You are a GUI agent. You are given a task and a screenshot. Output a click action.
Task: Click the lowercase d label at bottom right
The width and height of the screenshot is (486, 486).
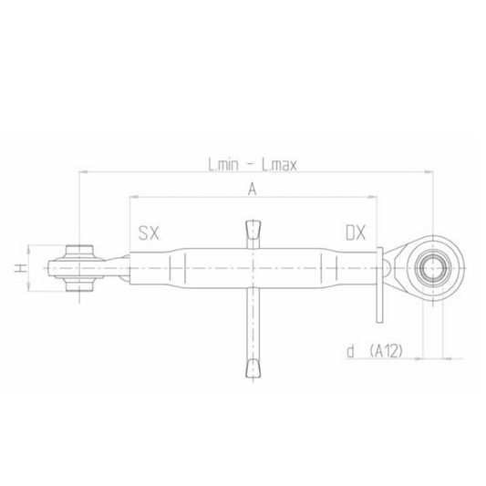click(x=350, y=351)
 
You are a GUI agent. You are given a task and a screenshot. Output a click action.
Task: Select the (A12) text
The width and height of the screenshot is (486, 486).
click(x=387, y=351)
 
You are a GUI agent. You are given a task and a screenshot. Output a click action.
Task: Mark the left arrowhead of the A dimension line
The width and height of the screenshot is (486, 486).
click(x=132, y=196)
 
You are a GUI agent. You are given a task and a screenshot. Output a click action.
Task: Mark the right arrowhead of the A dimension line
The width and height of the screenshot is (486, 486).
click(x=374, y=196)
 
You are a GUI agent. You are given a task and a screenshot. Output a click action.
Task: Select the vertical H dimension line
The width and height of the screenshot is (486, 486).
click(x=30, y=271)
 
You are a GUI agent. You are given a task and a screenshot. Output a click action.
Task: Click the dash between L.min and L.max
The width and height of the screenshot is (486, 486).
click(x=252, y=166)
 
